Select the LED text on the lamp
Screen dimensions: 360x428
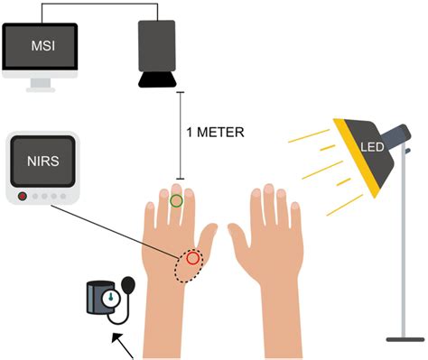pos(370,146)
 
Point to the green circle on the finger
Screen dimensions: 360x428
pos(177,200)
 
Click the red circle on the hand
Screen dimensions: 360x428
pos(192,259)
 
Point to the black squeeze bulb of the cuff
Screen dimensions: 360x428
pos(126,284)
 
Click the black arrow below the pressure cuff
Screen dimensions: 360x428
pos(123,346)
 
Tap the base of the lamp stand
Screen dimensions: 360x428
pos(404,338)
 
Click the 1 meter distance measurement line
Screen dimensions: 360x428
pos(179,135)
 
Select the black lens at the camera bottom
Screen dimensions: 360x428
pos(159,82)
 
